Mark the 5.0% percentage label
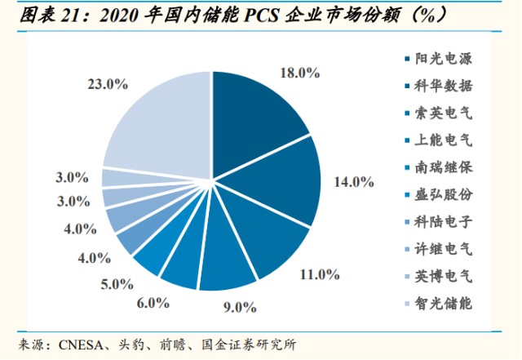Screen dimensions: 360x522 (117, 284)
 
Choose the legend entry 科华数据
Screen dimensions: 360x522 (444, 85)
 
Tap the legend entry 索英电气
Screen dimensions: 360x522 (444, 113)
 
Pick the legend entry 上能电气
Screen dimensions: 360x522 (444, 140)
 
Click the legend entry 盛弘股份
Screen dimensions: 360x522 (444, 194)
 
